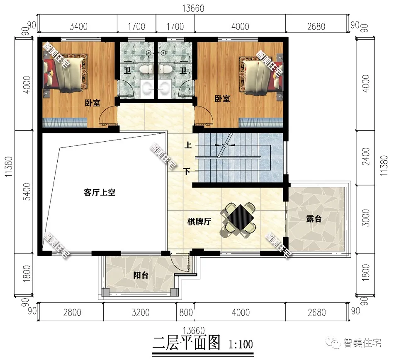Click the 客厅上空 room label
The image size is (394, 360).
tap(100, 193)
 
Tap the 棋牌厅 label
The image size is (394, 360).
tap(199, 222)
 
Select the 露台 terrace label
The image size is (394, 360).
tap(314, 219)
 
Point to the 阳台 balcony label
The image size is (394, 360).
tap(141, 275)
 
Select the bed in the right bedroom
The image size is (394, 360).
tap(261, 75)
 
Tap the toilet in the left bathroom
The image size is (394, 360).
tap(147, 69)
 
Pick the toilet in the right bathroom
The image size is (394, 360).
tap(165, 69)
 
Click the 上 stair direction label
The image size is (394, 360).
tap(188, 145)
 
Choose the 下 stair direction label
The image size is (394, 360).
tap(187, 172)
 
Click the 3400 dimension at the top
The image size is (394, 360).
tap(78, 27)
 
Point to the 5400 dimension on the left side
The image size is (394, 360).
tap(27, 192)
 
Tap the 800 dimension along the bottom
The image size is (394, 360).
tap(186, 312)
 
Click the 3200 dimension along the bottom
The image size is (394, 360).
tap(141, 312)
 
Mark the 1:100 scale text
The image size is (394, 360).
tap(241, 344)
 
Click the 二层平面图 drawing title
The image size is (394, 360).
tap(187, 343)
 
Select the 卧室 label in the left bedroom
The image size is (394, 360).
tap(92, 103)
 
